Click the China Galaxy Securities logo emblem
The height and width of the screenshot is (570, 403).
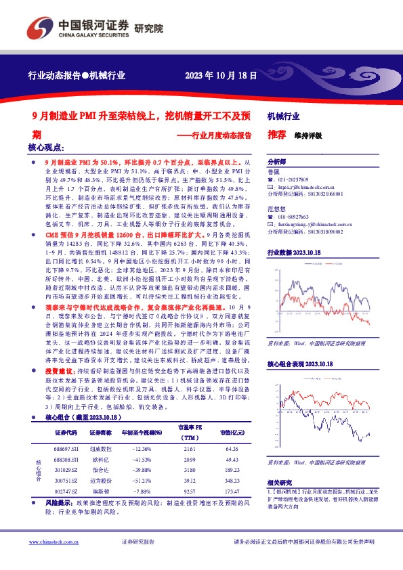pos(39,27)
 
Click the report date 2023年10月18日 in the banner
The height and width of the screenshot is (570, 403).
pos(220,76)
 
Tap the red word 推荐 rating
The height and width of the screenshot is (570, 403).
pos(276,135)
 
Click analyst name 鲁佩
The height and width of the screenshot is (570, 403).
pos(273,172)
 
